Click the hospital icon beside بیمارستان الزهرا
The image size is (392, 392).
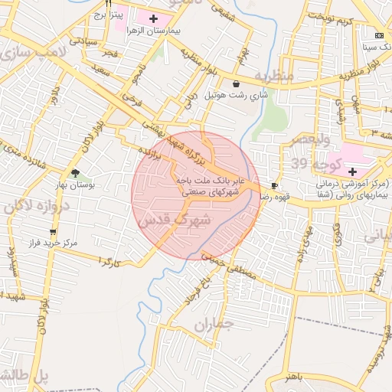154,18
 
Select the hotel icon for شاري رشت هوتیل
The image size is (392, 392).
235,83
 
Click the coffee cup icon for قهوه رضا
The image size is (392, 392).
275,185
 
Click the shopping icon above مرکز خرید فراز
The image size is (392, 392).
52,231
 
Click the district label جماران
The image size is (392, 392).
213,326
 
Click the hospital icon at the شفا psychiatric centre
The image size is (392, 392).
352,171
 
